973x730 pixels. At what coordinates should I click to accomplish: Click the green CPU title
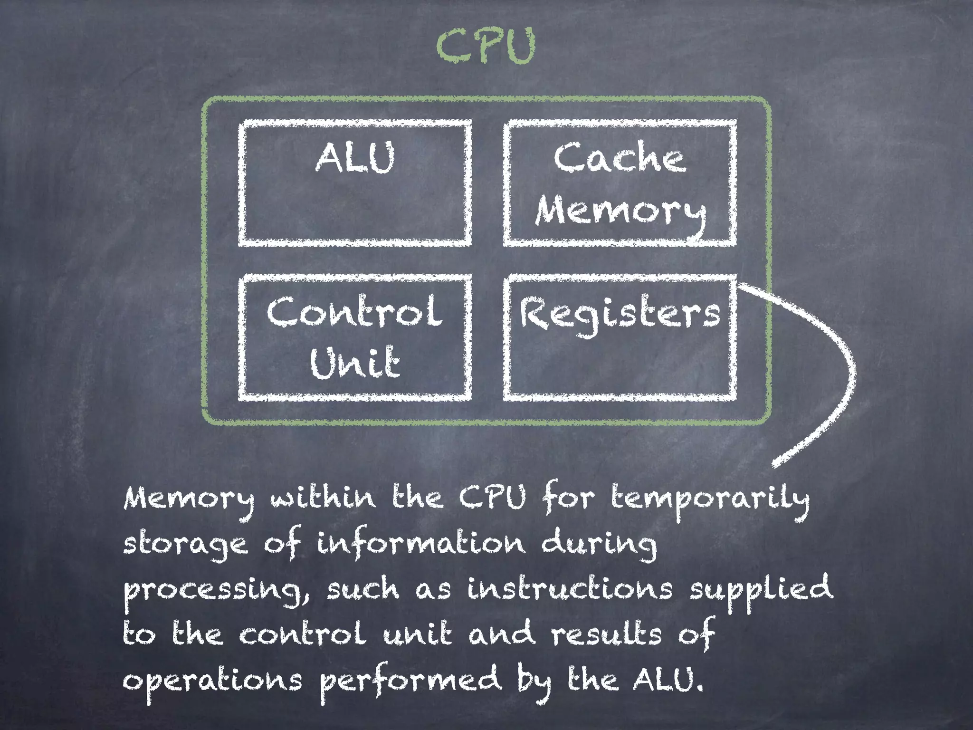click(x=486, y=46)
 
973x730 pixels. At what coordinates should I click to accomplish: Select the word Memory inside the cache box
click(x=620, y=211)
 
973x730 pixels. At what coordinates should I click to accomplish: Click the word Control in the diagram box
click(x=354, y=311)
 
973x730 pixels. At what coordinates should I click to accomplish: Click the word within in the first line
click(x=323, y=497)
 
